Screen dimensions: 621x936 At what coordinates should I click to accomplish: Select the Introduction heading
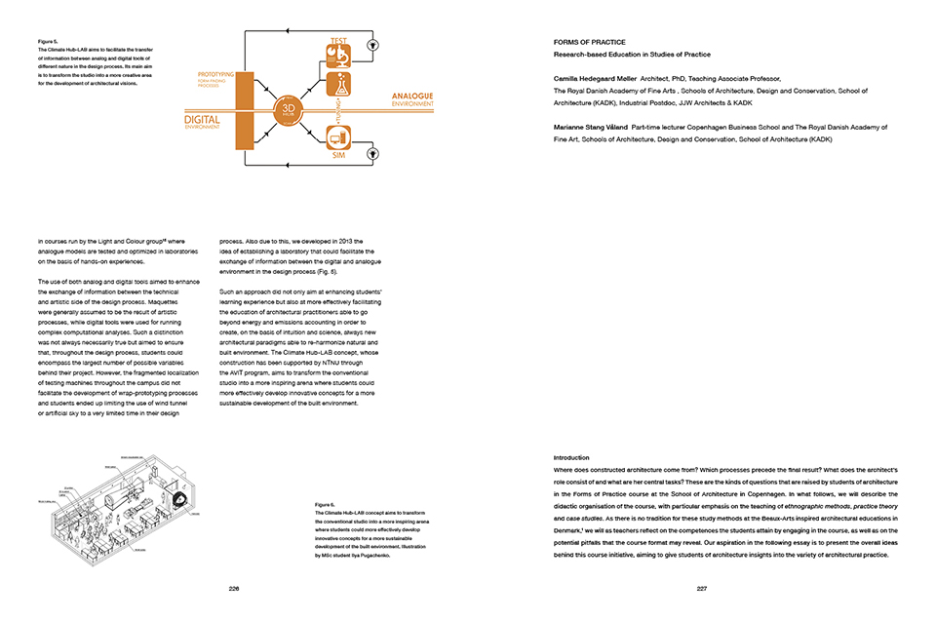[x=572, y=457]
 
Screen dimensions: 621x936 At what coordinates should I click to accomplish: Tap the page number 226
[x=234, y=589]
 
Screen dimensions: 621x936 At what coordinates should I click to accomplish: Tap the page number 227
[x=702, y=589]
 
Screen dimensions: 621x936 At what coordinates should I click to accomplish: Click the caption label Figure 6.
[x=325, y=505]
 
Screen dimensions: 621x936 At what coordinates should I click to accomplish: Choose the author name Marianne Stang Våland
[x=590, y=127]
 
